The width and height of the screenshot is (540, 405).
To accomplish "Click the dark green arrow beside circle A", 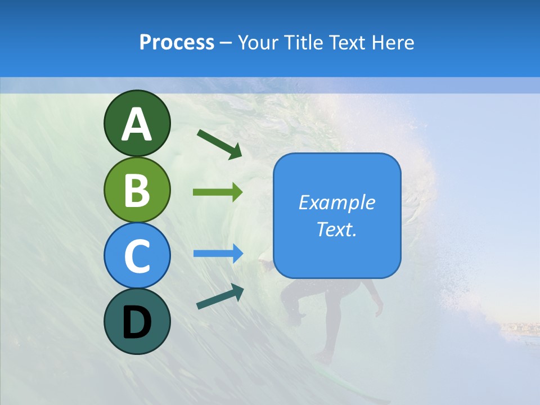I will [219, 143].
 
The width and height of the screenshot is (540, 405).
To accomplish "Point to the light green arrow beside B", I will [218, 192].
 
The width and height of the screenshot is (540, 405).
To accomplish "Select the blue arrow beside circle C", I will [218, 253].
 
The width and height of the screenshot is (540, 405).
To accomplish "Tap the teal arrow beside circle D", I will [220, 297].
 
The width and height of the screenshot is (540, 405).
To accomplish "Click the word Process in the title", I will [177, 42].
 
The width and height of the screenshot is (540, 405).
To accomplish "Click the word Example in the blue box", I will [337, 202].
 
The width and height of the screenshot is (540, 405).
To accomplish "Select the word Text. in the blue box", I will [337, 229].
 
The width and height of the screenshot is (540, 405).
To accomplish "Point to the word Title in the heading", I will [303, 42].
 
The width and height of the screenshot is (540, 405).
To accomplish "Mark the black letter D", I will [137, 322].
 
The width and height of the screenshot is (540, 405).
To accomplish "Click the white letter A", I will [137, 124].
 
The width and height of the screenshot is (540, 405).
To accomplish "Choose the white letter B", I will [137, 190].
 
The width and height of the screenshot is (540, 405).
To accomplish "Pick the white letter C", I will [137, 256].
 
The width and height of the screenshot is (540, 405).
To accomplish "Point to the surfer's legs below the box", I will [332, 315].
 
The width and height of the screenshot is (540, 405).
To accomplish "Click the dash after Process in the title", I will [226, 43].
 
